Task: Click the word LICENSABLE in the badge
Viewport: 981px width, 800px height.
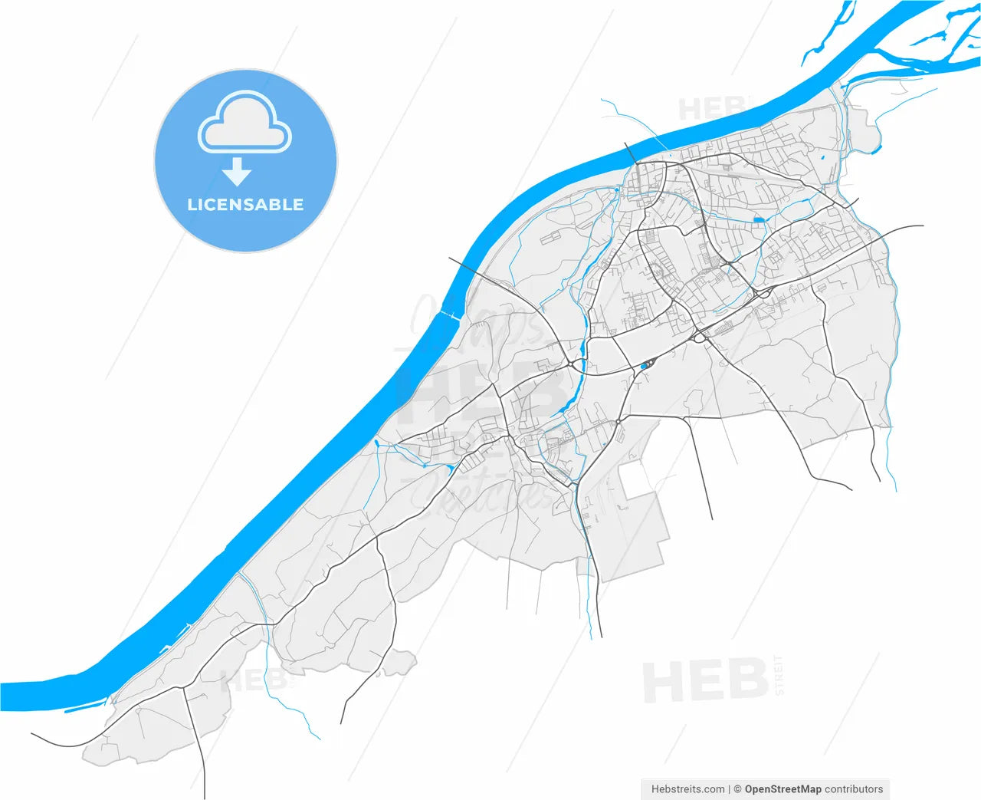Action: click(245, 205)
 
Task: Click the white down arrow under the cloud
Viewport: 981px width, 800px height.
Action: click(237, 172)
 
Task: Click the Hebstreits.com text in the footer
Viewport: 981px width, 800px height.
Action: click(687, 788)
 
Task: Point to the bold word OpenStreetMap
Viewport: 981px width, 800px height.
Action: click(783, 788)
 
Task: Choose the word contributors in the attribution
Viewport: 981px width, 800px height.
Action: click(854, 788)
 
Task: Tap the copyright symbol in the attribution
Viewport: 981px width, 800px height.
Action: click(738, 788)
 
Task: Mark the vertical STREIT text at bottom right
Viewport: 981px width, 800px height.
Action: click(779, 675)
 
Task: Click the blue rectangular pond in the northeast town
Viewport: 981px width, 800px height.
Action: click(759, 220)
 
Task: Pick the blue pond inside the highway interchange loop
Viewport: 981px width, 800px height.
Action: click(644, 367)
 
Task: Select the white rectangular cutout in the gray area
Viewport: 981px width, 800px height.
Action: click(635, 479)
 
